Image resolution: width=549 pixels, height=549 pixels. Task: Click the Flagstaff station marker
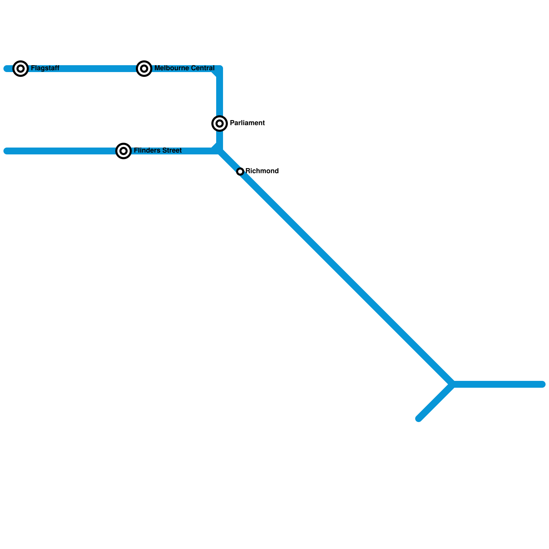(21, 69)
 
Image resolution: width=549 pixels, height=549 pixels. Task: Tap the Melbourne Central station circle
(144, 69)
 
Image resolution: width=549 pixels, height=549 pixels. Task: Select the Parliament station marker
(220, 124)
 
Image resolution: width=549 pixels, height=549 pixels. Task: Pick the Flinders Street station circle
(124, 151)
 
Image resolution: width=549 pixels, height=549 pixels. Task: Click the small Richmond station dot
(240, 172)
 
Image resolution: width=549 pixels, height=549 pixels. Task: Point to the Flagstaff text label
(45, 68)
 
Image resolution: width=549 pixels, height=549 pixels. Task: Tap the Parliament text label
(247, 123)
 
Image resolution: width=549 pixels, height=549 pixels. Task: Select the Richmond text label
(262, 171)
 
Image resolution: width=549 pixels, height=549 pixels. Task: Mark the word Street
(172, 151)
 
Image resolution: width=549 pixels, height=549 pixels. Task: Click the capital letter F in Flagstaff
(33, 68)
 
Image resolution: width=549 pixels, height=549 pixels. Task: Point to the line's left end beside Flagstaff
(6, 69)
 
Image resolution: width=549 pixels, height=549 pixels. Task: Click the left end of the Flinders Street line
(6, 151)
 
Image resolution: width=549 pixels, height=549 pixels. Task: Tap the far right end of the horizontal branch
(542, 384)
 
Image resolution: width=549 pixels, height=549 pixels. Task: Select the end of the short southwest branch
(419, 419)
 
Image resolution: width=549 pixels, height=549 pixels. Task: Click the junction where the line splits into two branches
(453, 384)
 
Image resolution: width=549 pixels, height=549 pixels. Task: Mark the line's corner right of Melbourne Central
(220, 69)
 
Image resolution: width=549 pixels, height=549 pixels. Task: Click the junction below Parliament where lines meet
(220, 151)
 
